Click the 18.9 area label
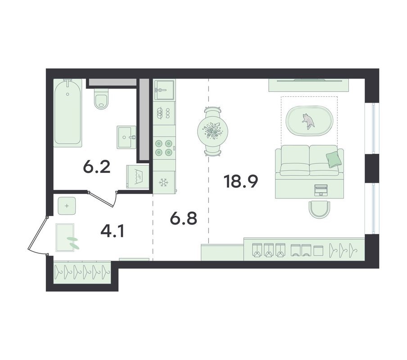pos(240,181)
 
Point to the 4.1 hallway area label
pos(113,231)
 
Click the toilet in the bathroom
pos(101,99)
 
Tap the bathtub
pos(68,112)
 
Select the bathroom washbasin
pos(127,137)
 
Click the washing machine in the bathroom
pos(138,176)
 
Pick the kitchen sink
pos(164,90)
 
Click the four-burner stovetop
pos(163,148)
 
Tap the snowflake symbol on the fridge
pos(163,182)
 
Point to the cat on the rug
pos(308,121)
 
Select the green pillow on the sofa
pos(333,159)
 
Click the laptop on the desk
pos(321,190)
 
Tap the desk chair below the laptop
pos(320,210)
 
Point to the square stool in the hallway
pos(67,206)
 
